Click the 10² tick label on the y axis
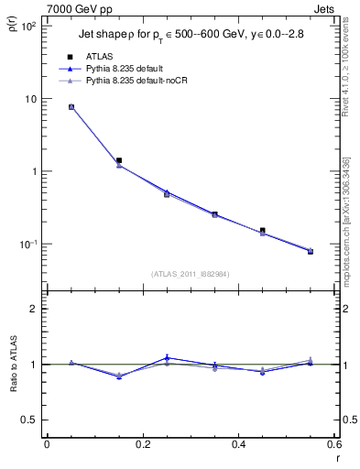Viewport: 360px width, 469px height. pos(27,26)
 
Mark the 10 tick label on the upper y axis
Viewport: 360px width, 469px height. pos(29,98)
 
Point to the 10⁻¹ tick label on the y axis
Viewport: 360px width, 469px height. pos(27,245)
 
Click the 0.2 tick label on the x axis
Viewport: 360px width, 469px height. pos(143,444)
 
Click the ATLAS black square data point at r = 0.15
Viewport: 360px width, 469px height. pos(119,160)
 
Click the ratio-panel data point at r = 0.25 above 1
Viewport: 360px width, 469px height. pos(167,357)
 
